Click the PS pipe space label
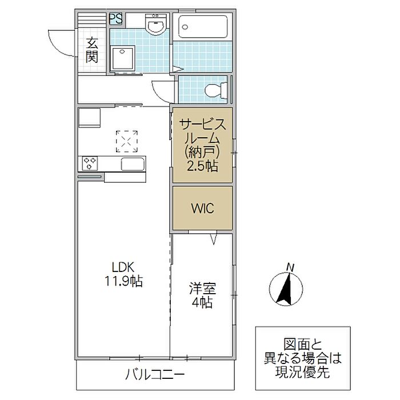tap(116, 19)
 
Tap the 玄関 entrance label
tap(92, 50)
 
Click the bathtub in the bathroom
tap(203, 27)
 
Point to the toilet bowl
tap(216, 90)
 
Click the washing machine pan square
tap(122, 59)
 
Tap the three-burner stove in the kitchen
tap(90, 163)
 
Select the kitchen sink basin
tap(133, 164)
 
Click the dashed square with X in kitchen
tap(127, 141)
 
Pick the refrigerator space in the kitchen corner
tap(89, 118)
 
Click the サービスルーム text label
tap(202, 132)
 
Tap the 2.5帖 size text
tap(202, 166)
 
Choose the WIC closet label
tap(202, 209)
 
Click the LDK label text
tap(123, 267)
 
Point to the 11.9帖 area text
tap(124, 281)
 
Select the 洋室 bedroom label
tap(202, 289)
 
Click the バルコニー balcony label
tap(155, 374)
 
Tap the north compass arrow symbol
tap(286, 289)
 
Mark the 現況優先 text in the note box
tap(302, 372)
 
